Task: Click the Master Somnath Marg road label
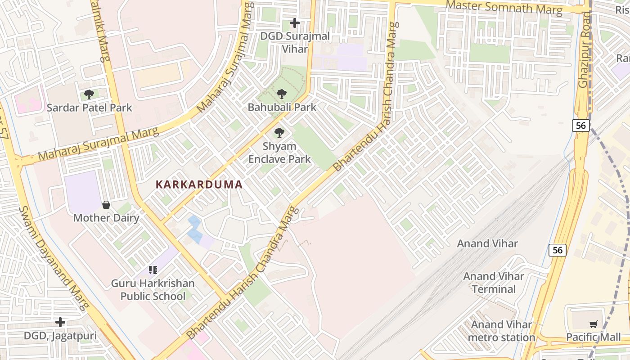click(x=504, y=8)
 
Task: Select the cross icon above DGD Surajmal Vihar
click(x=294, y=22)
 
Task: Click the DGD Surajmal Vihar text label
click(x=295, y=42)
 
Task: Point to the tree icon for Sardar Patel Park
click(x=89, y=94)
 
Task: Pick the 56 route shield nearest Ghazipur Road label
click(x=581, y=126)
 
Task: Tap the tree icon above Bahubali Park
click(x=282, y=94)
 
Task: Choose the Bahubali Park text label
click(x=282, y=108)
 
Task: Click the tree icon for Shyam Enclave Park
click(x=279, y=133)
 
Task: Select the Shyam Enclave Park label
click(x=279, y=153)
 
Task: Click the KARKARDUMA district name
click(x=199, y=184)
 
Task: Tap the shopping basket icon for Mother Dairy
click(x=106, y=205)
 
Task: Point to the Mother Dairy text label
click(x=106, y=218)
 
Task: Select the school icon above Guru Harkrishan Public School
click(x=153, y=270)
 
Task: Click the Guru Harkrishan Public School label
click(x=153, y=290)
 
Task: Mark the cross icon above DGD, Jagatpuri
click(x=60, y=322)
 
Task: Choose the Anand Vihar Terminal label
click(x=494, y=283)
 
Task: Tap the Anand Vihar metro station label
click(x=501, y=331)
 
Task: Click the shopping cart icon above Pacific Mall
click(x=593, y=324)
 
